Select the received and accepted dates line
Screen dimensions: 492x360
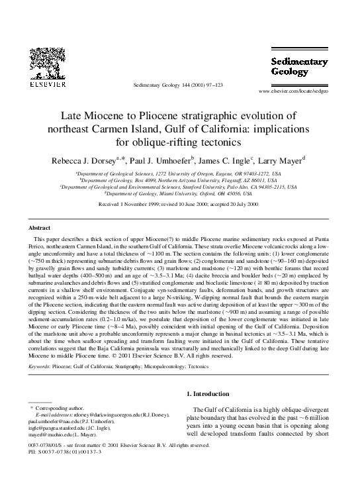coord(179,205)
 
